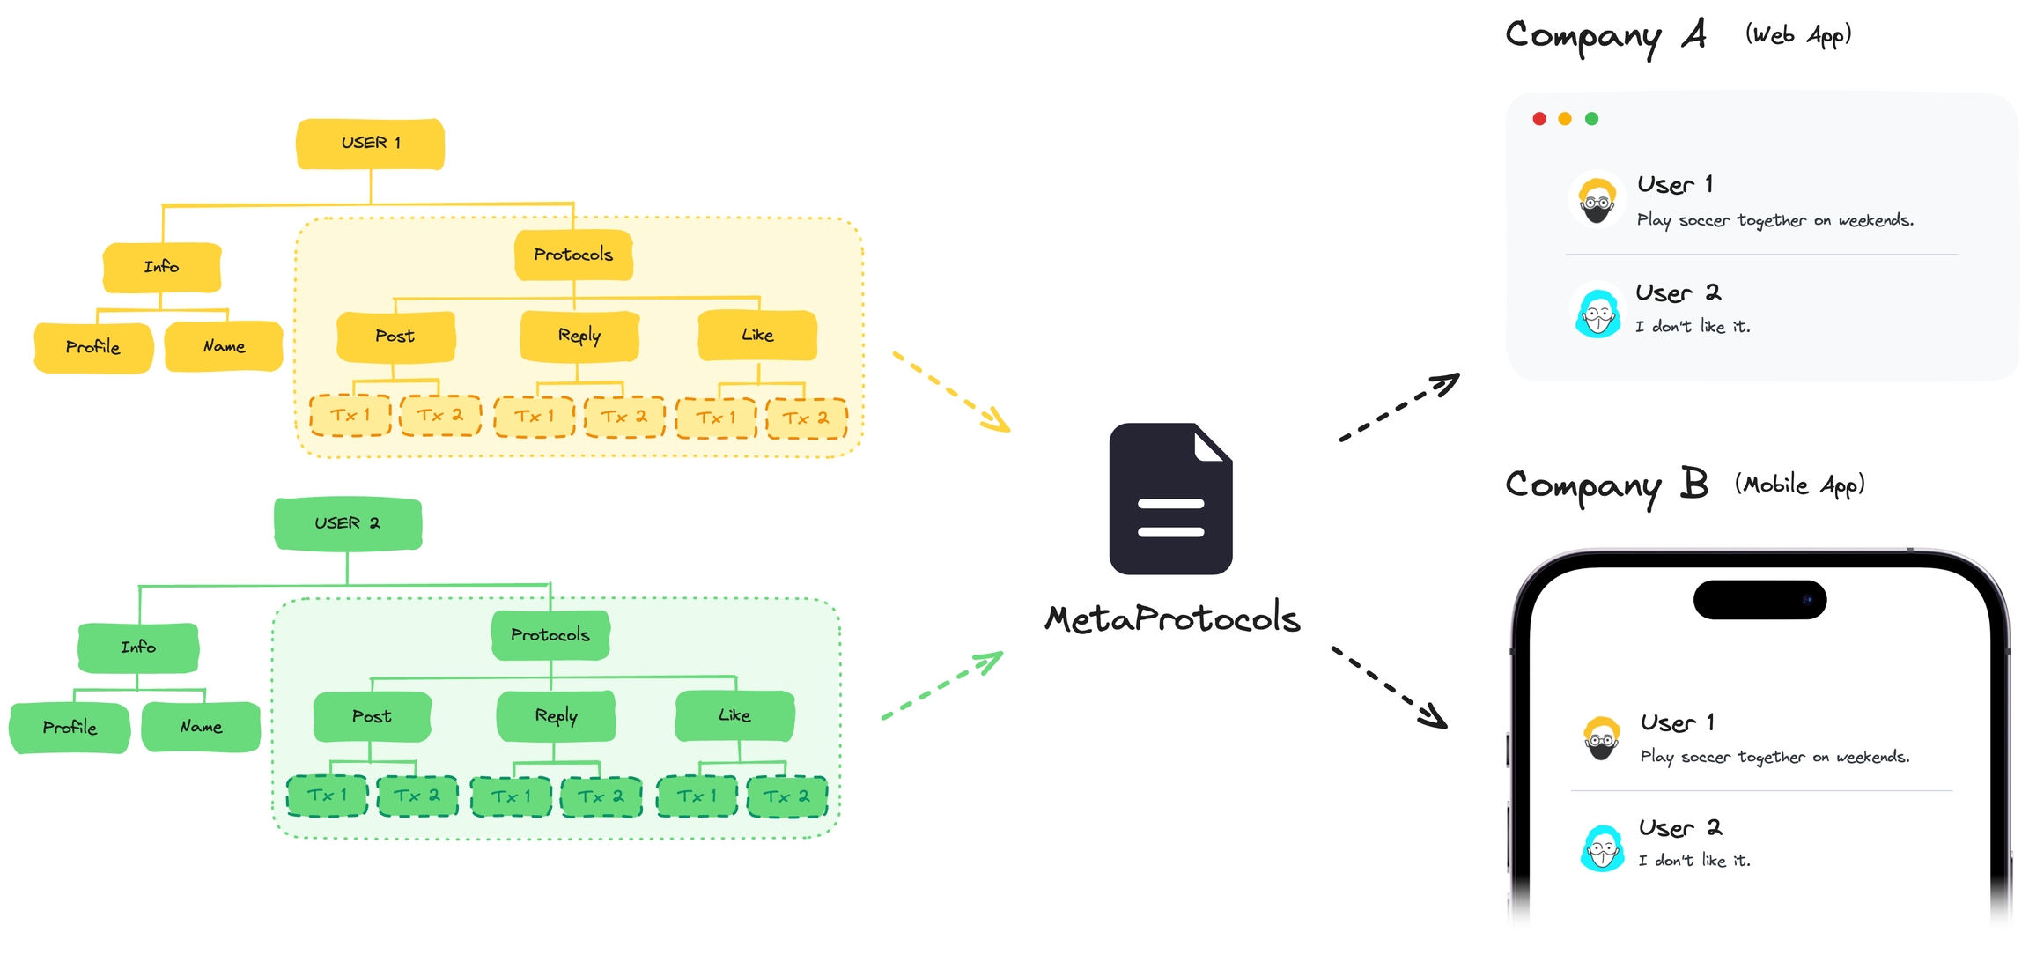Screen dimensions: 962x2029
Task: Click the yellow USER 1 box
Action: (370, 144)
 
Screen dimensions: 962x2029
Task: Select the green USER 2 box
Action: (348, 523)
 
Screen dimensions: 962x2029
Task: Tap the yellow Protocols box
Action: (573, 255)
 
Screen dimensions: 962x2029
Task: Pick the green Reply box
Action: (556, 716)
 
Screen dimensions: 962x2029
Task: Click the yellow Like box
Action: (757, 336)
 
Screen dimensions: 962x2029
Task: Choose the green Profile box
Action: (70, 728)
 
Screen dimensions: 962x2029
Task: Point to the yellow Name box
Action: (224, 347)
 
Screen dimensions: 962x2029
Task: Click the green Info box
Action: (138, 647)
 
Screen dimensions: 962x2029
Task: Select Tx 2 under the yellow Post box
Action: (440, 416)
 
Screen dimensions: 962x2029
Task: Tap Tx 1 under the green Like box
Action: (697, 796)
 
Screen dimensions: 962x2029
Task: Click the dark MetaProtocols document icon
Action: (1170, 499)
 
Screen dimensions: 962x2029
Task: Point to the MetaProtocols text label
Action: (1172, 619)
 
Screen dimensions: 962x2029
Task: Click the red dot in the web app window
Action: (1539, 119)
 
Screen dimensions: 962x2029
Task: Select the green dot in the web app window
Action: (1591, 119)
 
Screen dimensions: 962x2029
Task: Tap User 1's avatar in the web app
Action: (1597, 200)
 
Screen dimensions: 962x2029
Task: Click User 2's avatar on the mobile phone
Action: (1602, 848)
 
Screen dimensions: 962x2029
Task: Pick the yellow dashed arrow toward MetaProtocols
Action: (951, 392)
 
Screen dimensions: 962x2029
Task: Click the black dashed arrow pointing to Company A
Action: (1399, 407)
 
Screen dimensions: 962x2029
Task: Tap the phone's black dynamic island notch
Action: (1760, 600)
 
